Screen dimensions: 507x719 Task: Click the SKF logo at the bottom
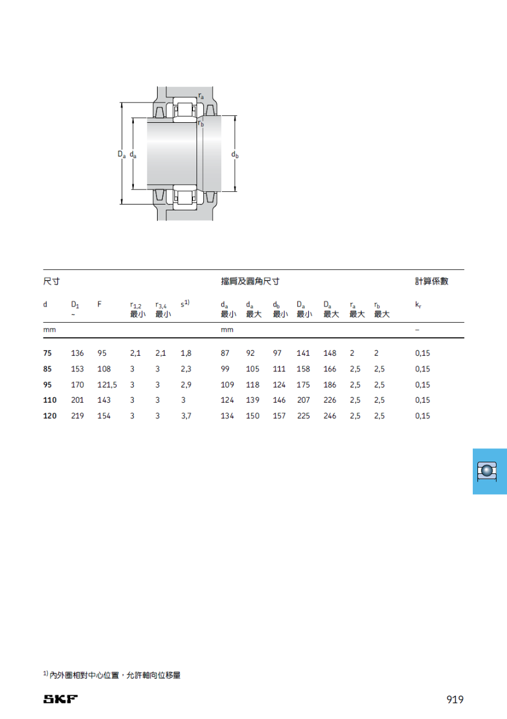tap(60, 699)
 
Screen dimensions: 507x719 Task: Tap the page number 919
tap(455, 699)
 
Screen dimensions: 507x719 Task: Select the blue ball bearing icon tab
tap(490, 471)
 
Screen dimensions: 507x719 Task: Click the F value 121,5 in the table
tap(107, 385)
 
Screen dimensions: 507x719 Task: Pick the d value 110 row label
tap(50, 400)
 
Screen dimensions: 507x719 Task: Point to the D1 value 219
tap(78, 415)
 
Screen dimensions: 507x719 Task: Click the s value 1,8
tap(186, 353)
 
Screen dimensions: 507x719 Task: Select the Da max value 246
tap(330, 415)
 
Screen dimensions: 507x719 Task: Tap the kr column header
tap(418, 305)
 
